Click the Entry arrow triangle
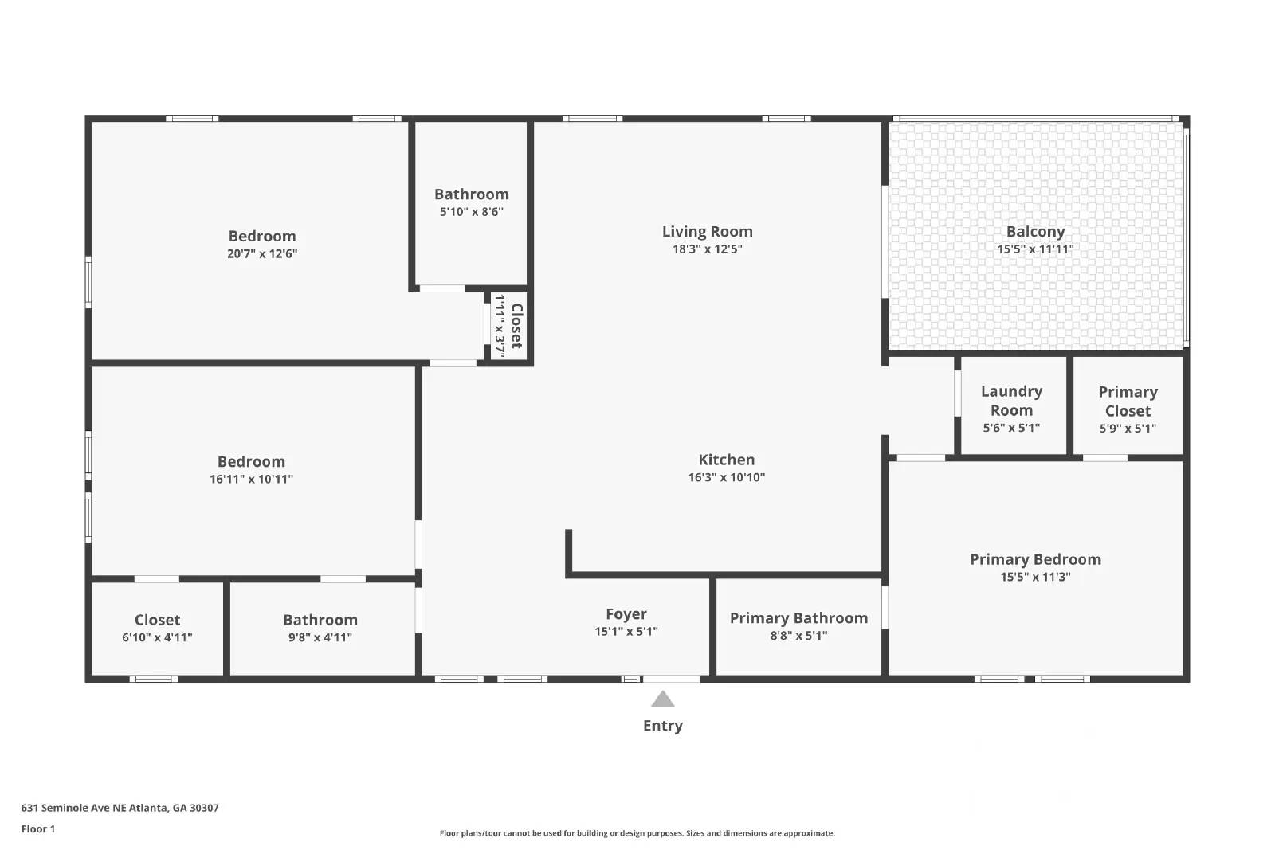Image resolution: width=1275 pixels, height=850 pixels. tap(662, 700)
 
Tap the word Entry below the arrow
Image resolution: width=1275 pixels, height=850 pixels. tap(662, 726)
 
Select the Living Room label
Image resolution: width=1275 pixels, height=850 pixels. tap(707, 232)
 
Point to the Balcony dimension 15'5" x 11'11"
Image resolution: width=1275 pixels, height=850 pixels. tap(1035, 249)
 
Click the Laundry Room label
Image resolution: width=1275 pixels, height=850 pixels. tap(1011, 401)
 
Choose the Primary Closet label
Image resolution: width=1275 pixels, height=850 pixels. tap(1128, 401)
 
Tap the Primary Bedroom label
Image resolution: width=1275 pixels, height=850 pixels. tap(1035, 559)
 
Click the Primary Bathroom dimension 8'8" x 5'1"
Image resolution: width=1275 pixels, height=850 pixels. tap(798, 636)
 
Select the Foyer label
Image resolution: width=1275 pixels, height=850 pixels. tap(626, 614)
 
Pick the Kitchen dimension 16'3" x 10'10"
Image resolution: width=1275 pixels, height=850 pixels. tap(726, 478)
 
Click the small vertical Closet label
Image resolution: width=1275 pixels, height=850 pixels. tap(516, 326)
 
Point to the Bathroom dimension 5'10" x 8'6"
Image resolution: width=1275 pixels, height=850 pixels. tap(471, 212)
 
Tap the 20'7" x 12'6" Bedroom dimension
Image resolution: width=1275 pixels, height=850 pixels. tap(262, 254)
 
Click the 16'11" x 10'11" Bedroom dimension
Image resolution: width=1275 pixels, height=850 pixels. tap(251, 480)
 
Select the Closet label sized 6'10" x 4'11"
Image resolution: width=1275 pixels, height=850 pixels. tap(157, 620)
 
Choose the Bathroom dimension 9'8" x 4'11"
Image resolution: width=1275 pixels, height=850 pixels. tap(320, 637)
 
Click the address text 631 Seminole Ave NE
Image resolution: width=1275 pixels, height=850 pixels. tap(120, 808)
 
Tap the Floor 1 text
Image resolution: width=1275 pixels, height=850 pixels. tap(38, 829)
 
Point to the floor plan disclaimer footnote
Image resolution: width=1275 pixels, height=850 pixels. tap(637, 833)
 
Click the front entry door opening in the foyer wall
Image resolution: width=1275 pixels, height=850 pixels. tap(671, 679)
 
